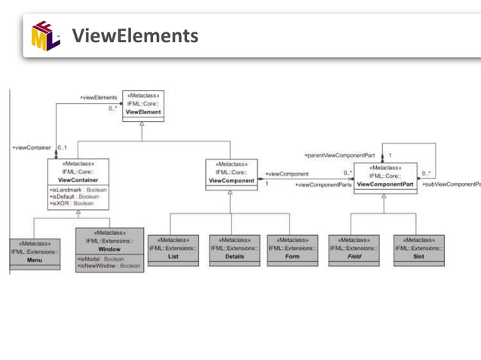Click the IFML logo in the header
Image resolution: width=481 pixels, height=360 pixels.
tap(45, 35)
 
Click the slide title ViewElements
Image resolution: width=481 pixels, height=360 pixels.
tap(134, 35)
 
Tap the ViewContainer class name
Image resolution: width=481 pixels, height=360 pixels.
tap(78, 181)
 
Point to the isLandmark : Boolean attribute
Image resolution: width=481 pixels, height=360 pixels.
tap(78, 191)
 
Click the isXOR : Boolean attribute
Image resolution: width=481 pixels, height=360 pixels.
tap(72, 203)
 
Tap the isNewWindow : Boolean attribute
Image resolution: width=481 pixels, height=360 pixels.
tap(109, 266)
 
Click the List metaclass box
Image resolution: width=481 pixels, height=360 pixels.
tap(173, 249)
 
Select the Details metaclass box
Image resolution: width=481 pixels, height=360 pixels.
tap(234, 249)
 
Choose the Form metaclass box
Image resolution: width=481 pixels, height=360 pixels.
tap(292, 249)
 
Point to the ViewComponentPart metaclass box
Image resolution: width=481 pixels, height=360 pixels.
tap(385, 177)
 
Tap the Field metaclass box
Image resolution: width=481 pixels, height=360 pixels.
tap(354, 249)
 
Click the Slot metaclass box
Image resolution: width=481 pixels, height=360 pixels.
tap(419, 249)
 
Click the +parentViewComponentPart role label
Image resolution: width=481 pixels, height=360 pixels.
tap(339, 155)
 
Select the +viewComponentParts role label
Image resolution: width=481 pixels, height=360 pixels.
tap(323, 185)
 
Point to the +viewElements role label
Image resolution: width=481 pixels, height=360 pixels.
tap(99, 97)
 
